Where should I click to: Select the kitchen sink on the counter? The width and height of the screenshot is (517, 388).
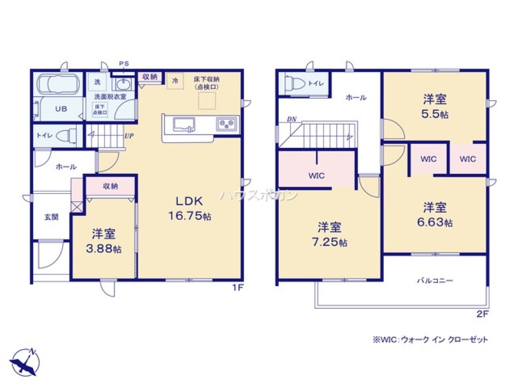[184, 125]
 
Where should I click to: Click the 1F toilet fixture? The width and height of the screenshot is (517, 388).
[65, 136]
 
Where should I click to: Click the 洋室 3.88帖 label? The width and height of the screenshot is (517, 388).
[104, 241]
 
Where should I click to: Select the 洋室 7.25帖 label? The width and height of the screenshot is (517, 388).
[329, 234]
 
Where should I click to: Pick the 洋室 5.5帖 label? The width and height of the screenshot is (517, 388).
[434, 106]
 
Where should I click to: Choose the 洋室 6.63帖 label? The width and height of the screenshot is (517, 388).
[435, 215]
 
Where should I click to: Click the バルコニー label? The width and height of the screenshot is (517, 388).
[435, 281]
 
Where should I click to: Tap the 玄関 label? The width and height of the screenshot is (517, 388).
[51, 217]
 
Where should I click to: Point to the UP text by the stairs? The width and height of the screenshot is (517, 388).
[129, 137]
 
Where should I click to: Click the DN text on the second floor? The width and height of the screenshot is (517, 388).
[292, 120]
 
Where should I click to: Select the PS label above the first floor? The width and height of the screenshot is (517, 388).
[124, 64]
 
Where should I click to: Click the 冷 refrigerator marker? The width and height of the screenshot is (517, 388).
[175, 81]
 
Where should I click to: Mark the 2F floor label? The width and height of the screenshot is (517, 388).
[482, 314]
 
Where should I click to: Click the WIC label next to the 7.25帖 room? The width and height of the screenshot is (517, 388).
[316, 175]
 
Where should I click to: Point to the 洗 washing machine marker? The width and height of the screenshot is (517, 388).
[97, 81]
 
